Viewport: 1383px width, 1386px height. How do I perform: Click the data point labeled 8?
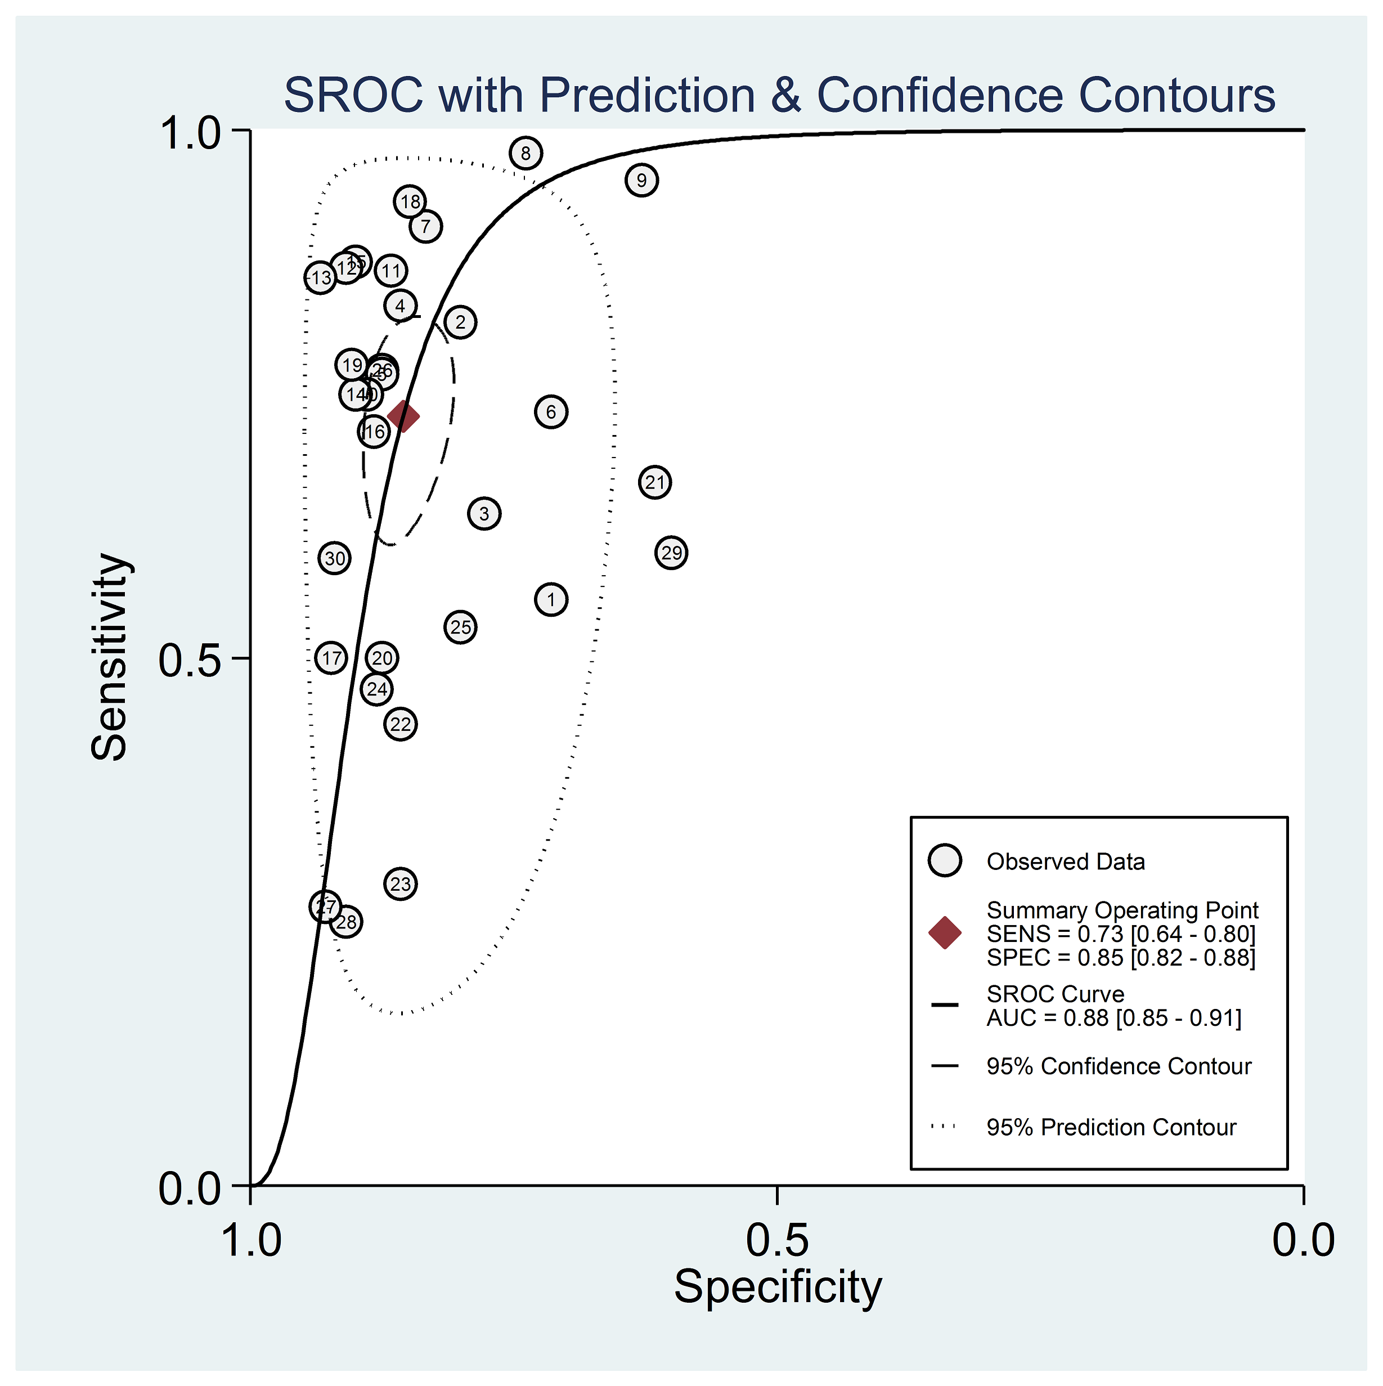pyautogui.click(x=526, y=153)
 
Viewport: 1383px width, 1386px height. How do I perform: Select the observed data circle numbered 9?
pyautogui.click(x=641, y=180)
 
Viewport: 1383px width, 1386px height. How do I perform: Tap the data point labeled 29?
pyautogui.click(x=671, y=553)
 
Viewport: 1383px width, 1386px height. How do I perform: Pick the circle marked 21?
pyautogui.click(x=655, y=482)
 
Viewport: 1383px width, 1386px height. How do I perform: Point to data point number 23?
pyautogui.click(x=400, y=884)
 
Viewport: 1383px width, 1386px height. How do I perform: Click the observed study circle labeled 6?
pyautogui.click(x=551, y=412)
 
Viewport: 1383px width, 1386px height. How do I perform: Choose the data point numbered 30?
pyautogui.click(x=335, y=558)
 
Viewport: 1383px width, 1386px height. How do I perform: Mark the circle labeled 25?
pyautogui.click(x=460, y=627)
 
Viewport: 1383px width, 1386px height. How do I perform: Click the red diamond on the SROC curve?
pyautogui.click(x=403, y=416)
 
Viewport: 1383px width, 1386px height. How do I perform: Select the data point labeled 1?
pyautogui.click(x=551, y=600)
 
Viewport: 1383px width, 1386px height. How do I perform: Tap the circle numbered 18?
pyautogui.click(x=410, y=201)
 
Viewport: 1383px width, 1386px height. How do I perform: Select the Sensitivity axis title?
pyautogui.click(x=109, y=657)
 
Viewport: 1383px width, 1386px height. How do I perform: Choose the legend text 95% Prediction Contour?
pyautogui.click(x=1111, y=1127)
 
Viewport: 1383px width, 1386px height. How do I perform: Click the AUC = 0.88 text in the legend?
pyautogui.click(x=1114, y=1017)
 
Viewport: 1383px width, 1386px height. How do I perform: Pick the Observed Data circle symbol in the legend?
pyautogui.click(x=945, y=860)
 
